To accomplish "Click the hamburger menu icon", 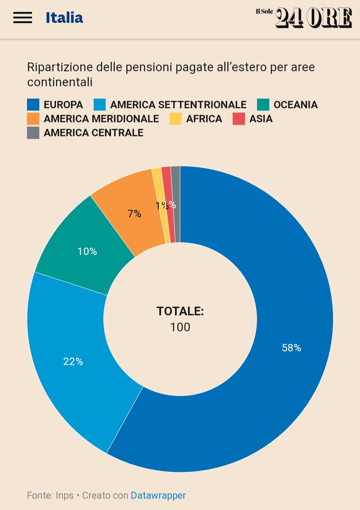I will [23, 18].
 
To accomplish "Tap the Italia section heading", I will [64, 18].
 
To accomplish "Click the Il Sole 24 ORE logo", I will [304, 17].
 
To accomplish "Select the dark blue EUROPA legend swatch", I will [33, 105].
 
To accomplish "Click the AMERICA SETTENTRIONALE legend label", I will [178, 105].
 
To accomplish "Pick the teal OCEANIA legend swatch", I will [263, 105].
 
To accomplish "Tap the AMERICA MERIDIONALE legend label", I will [101, 119].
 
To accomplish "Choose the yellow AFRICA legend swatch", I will [176, 119].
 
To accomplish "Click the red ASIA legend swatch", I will [239, 119].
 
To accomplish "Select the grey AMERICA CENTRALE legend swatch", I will [33, 133].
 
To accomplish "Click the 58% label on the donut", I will [291, 348].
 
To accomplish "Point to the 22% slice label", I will [73, 362].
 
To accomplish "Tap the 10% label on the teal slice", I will [87, 251].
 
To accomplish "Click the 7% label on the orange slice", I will [134, 214].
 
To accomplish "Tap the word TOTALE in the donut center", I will [180, 311].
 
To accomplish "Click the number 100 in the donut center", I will [180, 327].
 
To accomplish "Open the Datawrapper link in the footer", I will [158, 495].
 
